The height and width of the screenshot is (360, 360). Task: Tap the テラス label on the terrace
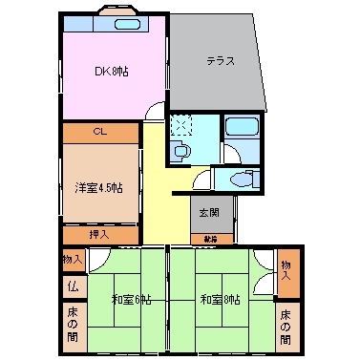[x=221, y=61]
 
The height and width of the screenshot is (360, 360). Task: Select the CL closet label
[x=100, y=131]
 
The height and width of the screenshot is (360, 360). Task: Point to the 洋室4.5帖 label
[x=98, y=188]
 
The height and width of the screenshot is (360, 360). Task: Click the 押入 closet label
[x=99, y=234]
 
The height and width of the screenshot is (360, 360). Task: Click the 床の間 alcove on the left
[x=73, y=323]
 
